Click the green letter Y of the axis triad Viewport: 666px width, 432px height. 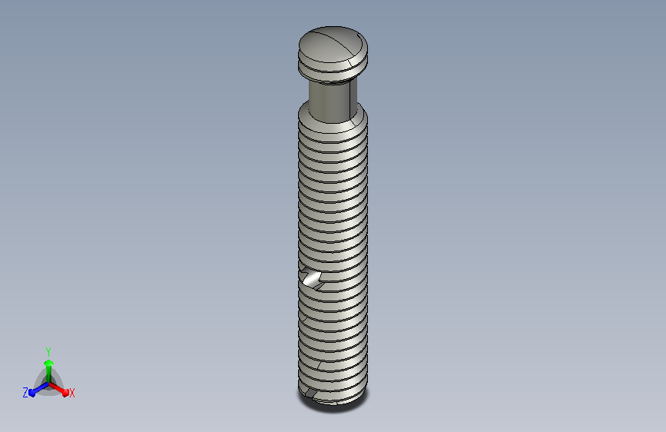[48, 352]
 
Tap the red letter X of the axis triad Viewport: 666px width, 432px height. [71, 393]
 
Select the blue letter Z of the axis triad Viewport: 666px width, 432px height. [25, 393]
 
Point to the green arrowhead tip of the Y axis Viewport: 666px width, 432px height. [48, 361]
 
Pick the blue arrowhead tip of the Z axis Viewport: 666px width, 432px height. [30, 394]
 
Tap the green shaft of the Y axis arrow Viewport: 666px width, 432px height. [49, 374]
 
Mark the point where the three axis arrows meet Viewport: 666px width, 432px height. [49, 384]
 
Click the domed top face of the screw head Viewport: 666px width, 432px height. [333, 44]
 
